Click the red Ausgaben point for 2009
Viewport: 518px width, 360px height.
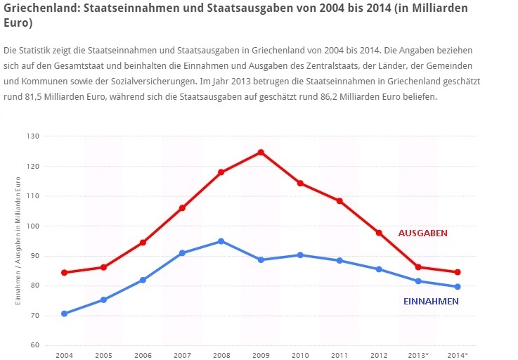[x=261, y=152]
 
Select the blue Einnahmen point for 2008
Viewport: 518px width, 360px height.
[x=221, y=241]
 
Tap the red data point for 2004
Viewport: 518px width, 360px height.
[x=65, y=272]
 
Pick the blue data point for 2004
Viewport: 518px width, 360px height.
[x=65, y=314]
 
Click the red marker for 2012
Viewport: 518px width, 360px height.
[x=379, y=233]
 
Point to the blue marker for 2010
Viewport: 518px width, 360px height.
[x=300, y=255]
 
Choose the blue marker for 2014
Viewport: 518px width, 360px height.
[x=458, y=286]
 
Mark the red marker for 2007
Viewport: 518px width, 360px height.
[x=182, y=208]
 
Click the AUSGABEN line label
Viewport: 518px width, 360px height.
[x=422, y=233]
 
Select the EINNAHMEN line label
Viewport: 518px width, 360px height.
[x=431, y=302]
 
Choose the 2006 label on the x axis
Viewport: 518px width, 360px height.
[x=143, y=355]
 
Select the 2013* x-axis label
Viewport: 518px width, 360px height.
[x=419, y=355]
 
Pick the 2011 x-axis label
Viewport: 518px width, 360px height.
[x=339, y=355]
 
